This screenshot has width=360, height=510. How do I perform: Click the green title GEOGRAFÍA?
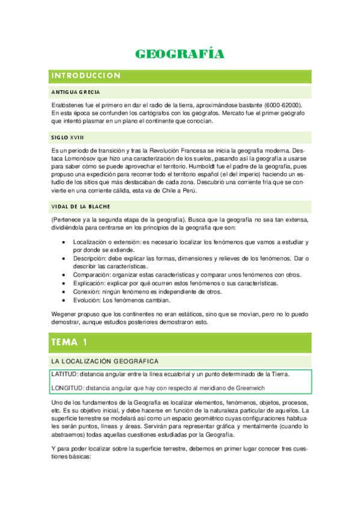(180, 54)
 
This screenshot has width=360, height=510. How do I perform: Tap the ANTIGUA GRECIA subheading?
(76, 92)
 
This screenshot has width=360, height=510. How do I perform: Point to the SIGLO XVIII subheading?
(67, 137)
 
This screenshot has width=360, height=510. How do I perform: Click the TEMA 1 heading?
(69, 342)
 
